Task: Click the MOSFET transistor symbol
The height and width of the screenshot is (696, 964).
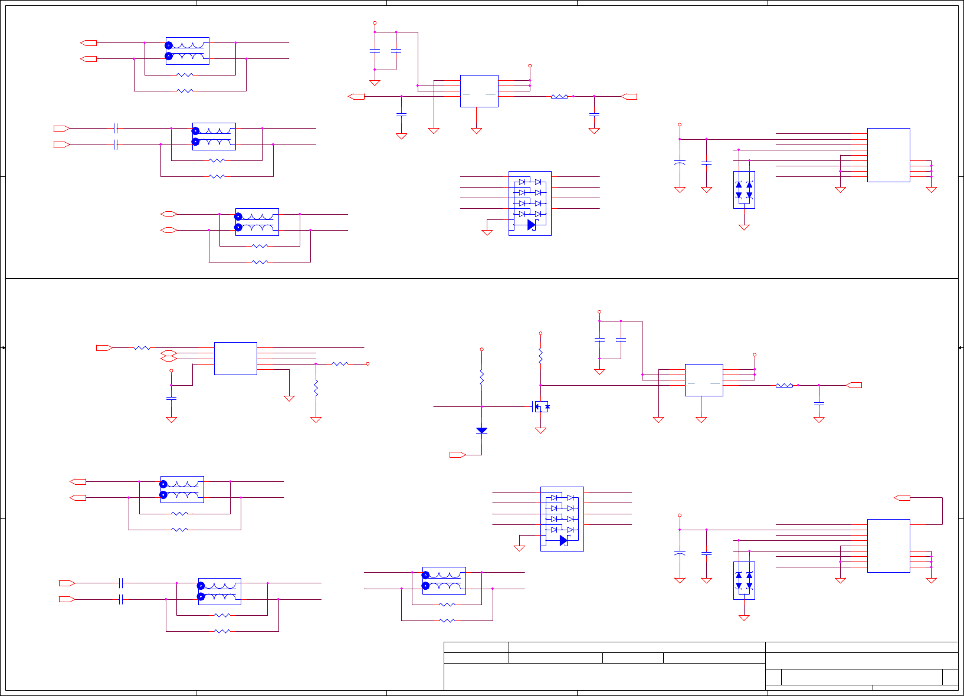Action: click(x=540, y=406)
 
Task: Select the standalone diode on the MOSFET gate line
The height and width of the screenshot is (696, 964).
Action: click(x=481, y=431)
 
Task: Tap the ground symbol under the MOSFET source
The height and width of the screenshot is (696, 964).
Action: click(x=540, y=431)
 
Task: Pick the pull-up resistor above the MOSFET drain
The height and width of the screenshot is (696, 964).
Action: click(x=540, y=356)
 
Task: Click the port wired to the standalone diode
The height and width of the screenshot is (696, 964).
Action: click(x=457, y=455)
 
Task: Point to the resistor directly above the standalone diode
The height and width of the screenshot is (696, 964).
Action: click(x=481, y=377)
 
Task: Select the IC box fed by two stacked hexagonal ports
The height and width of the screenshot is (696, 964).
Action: click(x=235, y=358)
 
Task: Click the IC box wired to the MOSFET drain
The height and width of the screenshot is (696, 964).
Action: click(x=704, y=380)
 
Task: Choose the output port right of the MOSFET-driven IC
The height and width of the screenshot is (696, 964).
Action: click(x=854, y=385)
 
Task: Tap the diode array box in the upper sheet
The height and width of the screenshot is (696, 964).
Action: click(x=530, y=203)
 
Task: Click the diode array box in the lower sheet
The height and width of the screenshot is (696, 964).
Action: click(x=562, y=519)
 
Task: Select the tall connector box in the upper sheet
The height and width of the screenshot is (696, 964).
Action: click(x=888, y=155)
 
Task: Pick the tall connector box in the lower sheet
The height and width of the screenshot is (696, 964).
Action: click(x=888, y=546)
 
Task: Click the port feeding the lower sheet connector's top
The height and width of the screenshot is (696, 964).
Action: click(x=902, y=498)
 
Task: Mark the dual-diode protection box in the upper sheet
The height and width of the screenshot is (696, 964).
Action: click(x=744, y=189)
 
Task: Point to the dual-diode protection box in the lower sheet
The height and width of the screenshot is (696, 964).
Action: click(x=744, y=580)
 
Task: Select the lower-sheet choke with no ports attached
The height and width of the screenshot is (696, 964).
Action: click(x=444, y=580)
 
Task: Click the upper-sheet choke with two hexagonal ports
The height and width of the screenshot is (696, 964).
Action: click(x=257, y=222)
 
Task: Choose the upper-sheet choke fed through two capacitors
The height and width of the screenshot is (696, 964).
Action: click(x=214, y=136)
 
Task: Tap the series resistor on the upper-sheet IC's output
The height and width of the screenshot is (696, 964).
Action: click(x=559, y=96)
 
